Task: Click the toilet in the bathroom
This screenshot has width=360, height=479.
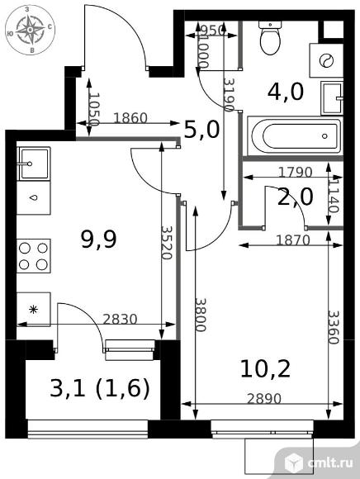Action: tap(270, 37)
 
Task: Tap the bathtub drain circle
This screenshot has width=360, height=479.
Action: tap(324, 136)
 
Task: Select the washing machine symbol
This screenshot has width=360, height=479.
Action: tap(326, 60)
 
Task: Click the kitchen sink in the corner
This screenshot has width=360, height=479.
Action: tap(34, 164)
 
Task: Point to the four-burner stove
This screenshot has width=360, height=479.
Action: tap(34, 256)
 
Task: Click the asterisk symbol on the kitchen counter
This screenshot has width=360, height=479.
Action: tap(33, 310)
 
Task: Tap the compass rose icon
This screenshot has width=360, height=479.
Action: tap(31, 30)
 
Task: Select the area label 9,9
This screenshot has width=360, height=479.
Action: tap(98, 239)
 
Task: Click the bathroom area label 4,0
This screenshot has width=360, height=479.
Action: tap(286, 92)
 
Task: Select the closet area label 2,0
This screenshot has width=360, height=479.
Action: tap(296, 197)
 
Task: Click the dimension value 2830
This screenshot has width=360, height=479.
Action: tap(120, 320)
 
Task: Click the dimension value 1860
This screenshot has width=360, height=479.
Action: tap(130, 118)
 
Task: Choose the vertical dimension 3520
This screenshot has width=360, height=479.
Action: tap(167, 243)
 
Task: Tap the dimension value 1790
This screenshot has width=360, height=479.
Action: tap(295, 173)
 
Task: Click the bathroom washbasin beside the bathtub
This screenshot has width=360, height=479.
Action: tap(332, 98)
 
